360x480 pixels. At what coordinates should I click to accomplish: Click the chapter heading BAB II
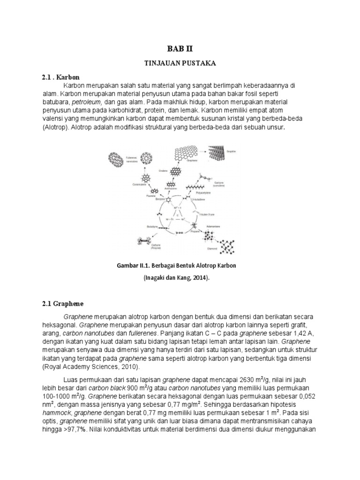[180, 48]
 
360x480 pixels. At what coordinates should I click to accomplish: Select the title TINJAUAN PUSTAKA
[180, 62]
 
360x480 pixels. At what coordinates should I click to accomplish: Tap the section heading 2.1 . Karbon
[61, 77]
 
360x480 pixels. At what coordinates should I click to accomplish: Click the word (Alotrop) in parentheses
[55, 127]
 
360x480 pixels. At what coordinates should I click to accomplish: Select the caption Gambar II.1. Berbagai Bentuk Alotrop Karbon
[176, 266]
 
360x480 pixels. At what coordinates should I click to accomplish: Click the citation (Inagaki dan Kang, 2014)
[176, 278]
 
